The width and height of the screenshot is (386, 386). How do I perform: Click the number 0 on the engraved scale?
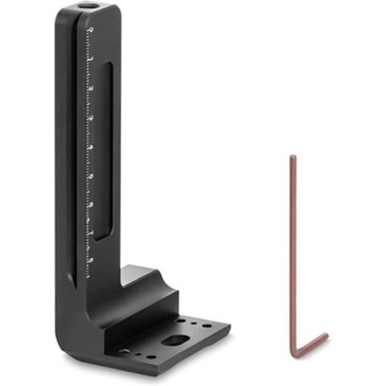[x=91, y=31]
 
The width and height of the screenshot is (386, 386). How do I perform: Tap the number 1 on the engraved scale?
[x=91, y=60]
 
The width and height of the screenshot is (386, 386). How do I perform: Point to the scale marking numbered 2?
[x=91, y=89]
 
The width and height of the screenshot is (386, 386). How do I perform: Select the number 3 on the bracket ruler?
[x=91, y=118]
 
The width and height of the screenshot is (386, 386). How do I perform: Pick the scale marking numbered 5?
[x=91, y=176]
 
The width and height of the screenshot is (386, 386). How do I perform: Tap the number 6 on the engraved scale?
[x=91, y=205]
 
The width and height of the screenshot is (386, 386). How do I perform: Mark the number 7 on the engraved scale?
[x=91, y=233]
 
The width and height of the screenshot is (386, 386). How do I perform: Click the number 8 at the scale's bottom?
[x=91, y=261]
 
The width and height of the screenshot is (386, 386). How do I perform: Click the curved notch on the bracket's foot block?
[x=153, y=279]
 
